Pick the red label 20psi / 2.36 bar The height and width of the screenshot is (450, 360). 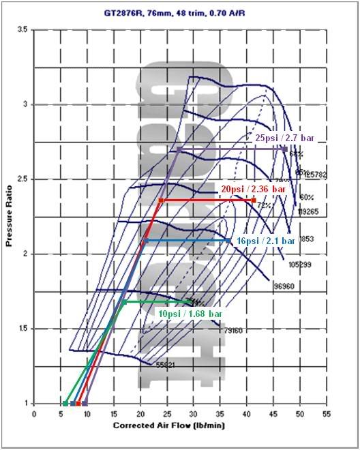tap(254, 188)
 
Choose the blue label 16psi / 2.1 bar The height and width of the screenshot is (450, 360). tap(265, 241)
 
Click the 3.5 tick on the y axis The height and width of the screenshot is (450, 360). tap(24, 30)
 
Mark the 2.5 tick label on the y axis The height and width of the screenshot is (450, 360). tap(24, 179)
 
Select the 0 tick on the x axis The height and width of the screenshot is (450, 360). tap(34, 413)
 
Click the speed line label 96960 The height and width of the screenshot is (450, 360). tap(284, 286)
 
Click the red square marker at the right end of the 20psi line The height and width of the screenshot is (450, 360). tap(254, 200)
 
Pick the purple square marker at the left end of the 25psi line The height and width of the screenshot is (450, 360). tap(179, 149)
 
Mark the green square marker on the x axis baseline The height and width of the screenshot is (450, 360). tap(65, 404)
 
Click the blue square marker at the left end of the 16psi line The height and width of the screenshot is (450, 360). tap(145, 241)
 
